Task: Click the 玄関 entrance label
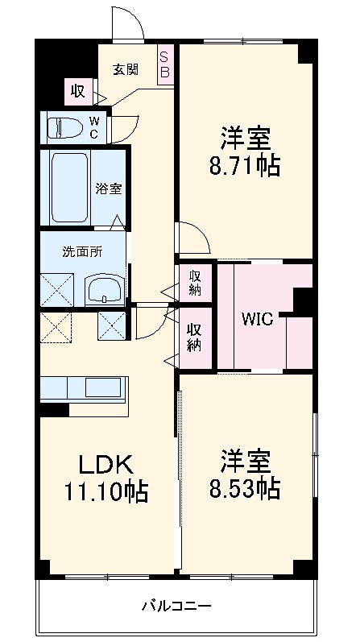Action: (x=125, y=69)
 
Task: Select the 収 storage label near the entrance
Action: (x=78, y=91)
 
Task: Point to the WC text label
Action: (x=93, y=128)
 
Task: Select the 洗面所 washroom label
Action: (x=82, y=251)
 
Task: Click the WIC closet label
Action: (x=257, y=318)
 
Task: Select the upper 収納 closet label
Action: (x=196, y=283)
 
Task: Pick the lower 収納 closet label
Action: (x=196, y=337)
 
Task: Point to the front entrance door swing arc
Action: (x=127, y=25)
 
